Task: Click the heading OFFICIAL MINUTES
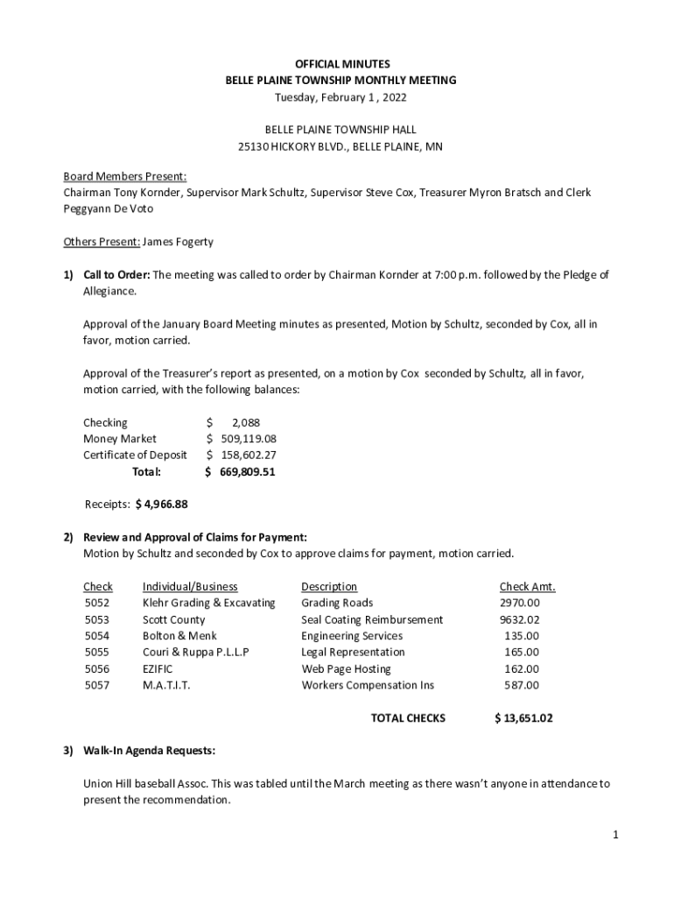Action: [341, 64]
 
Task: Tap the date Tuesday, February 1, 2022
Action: [341, 96]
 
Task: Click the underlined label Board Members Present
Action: [124, 176]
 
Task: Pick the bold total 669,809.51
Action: [247, 471]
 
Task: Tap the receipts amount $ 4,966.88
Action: [162, 504]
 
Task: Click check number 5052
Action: [97, 603]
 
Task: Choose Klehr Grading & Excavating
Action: [208, 603]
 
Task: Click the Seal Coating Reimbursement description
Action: [372, 619]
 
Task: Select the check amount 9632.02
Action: [520, 619]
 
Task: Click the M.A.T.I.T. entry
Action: [166, 685]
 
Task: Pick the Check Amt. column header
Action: [527, 586]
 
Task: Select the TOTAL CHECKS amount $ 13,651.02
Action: [523, 718]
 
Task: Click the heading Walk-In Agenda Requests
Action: [149, 751]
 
